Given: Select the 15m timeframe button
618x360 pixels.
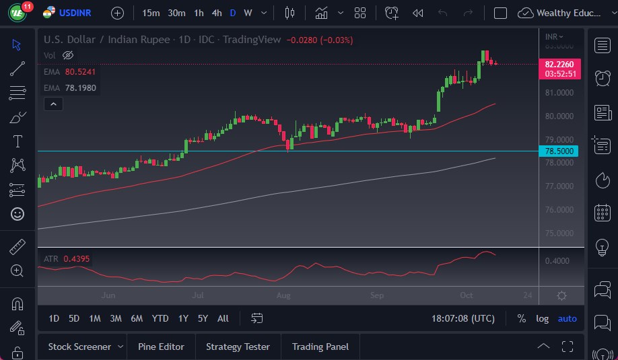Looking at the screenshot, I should tap(151, 13).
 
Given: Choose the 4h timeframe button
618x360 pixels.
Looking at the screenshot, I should tap(216, 13).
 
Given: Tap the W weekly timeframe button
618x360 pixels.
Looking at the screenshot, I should tap(248, 13).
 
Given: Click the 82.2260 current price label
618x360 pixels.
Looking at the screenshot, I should tap(559, 64).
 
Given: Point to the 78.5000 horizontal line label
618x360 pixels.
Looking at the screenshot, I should tap(559, 151).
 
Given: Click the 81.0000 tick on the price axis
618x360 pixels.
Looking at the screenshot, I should tap(559, 93).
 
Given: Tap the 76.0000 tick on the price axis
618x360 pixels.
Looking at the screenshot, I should tap(559, 210).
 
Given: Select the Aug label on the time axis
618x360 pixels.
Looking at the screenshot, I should tap(283, 295).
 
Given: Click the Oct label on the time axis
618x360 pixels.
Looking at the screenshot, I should tap(467, 295).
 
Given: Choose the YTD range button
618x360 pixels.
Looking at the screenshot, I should tap(160, 318).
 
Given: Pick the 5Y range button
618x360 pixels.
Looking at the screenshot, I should tap(203, 318).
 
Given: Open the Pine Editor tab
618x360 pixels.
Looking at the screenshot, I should tap(161, 347).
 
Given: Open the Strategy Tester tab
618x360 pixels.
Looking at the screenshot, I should tap(238, 347).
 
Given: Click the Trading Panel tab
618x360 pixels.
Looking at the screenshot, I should tap(320, 347).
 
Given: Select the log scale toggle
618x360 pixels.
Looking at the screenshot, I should tap(542, 318).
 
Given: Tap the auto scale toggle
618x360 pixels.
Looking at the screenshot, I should tap(568, 318).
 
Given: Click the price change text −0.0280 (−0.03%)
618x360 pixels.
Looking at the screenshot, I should tap(320, 40).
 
